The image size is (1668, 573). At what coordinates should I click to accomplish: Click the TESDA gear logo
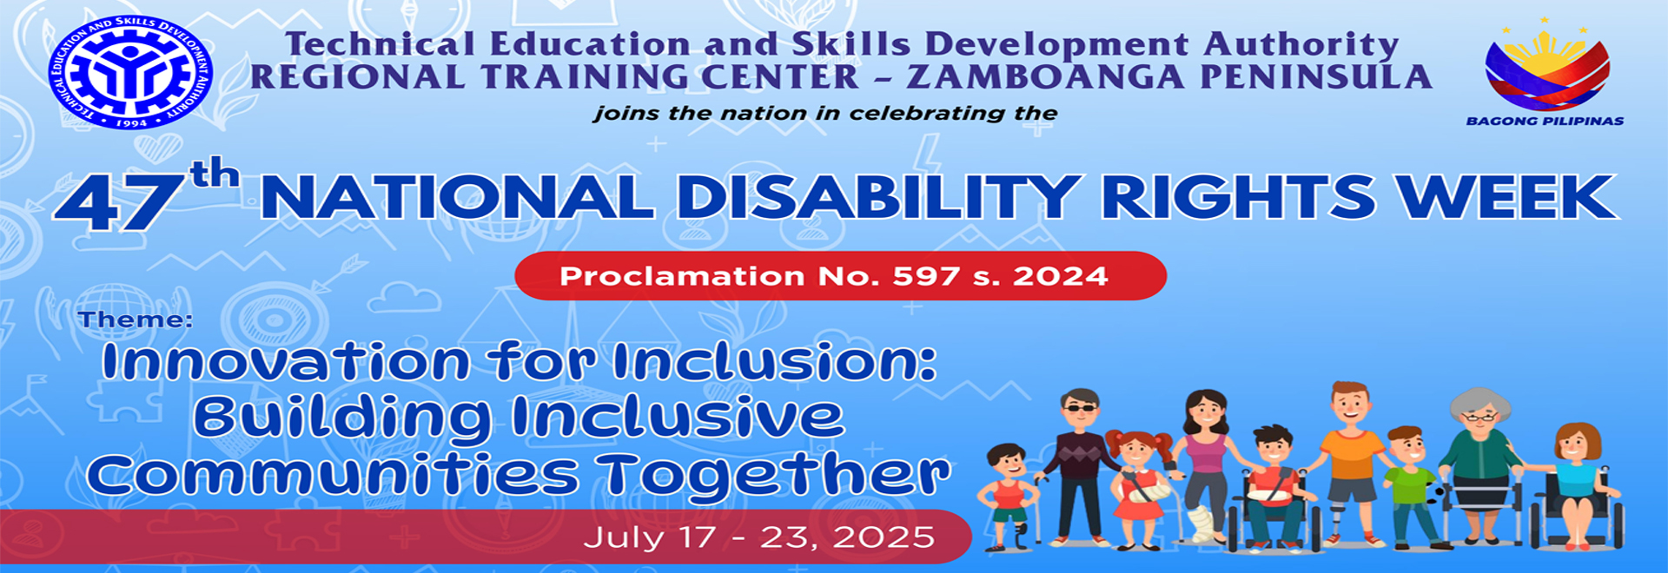click(x=130, y=72)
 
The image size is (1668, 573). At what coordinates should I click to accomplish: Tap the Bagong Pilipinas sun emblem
click(x=1546, y=66)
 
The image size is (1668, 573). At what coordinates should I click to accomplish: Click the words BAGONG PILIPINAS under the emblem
click(x=1545, y=121)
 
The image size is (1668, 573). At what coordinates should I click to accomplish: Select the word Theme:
click(x=136, y=319)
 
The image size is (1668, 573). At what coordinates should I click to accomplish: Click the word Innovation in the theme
click(x=286, y=361)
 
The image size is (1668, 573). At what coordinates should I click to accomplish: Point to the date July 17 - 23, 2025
click(x=759, y=537)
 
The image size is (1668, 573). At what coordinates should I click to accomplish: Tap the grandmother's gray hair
click(x=1475, y=404)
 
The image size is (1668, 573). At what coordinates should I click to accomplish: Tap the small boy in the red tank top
click(x=1008, y=495)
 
